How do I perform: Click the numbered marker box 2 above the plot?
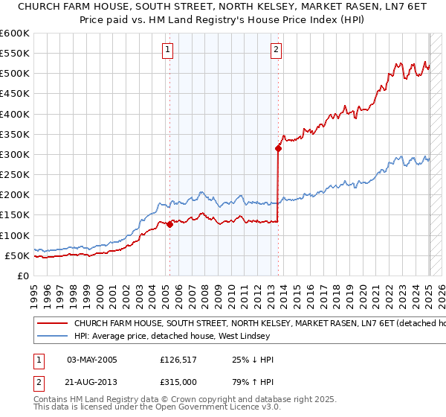[276, 50]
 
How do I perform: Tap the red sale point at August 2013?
[278, 148]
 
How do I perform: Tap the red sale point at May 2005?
[169, 224]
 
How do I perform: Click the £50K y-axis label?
[17, 256]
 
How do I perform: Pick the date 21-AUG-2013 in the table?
[92, 382]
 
